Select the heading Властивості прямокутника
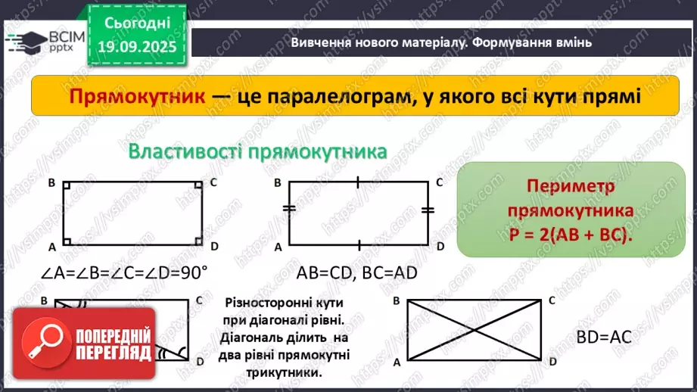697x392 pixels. tap(258, 151)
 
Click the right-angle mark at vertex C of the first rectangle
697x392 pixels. tap(198, 185)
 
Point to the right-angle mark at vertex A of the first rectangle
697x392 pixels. tap(67, 242)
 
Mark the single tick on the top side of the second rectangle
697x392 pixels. tap(358, 182)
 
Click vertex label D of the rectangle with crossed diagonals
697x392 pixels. tap(552, 362)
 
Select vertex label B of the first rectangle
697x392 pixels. tap(51, 182)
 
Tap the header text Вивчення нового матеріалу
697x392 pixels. tap(369, 43)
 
